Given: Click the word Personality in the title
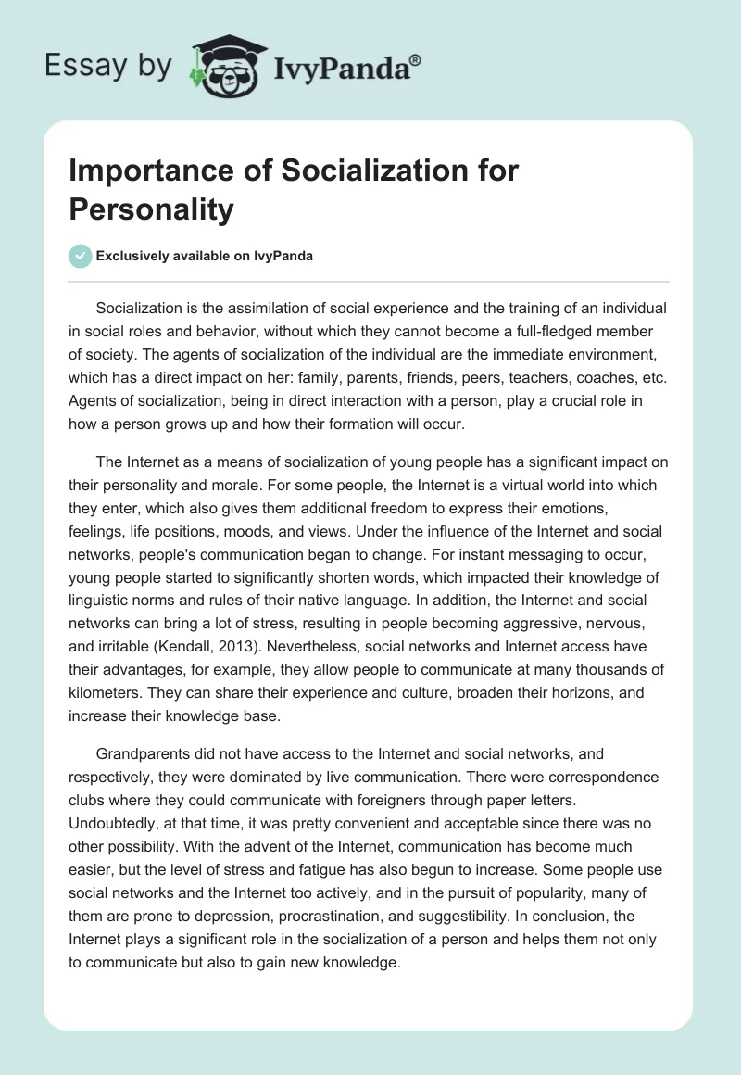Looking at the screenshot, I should pos(152,209).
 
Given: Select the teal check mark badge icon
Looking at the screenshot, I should pos(80,257).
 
